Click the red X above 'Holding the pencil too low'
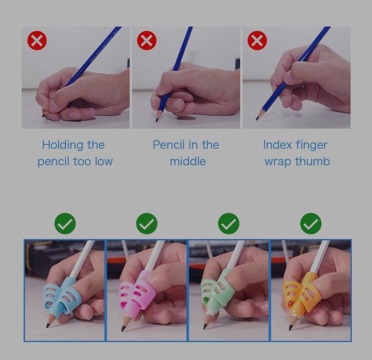(x=37, y=40)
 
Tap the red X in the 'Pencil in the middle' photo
(x=147, y=40)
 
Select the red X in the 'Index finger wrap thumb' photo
(x=257, y=40)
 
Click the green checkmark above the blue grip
(x=65, y=224)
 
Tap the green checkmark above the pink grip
(x=147, y=224)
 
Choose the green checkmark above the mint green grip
(x=229, y=224)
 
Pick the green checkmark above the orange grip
(x=311, y=224)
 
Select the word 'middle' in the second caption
(x=188, y=161)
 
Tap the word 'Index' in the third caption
(x=277, y=145)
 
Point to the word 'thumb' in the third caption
(x=312, y=161)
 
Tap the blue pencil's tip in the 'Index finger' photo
(x=257, y=119)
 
